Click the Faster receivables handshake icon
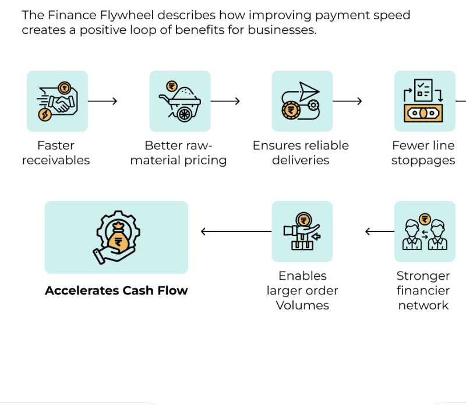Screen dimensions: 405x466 click(x=57, y=101)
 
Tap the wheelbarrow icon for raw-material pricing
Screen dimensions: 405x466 click(x=180, y=101)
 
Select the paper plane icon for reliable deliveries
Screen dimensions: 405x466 click(x=302, y=101)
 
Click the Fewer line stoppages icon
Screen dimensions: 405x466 click(x=424, y=101)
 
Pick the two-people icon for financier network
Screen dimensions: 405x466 click(x=424, y=231)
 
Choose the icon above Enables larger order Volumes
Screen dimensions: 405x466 click(x=302, y=231)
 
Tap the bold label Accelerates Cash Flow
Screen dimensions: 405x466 click(x=116, y=290)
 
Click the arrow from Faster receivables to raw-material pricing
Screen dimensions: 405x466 click(x=103, y=101)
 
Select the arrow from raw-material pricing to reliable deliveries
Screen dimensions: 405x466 click(x=225, y=101)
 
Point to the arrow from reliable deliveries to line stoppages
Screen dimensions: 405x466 click(x=347, y=101)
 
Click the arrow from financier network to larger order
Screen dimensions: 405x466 click(x=379, y=231)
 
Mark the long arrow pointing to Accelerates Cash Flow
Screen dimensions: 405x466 click(x=236, y=231)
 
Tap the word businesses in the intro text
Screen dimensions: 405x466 click(x=283, y=30)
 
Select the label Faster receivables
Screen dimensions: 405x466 click(x=56, y=153)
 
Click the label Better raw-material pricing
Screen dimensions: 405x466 click(x=179, y=153)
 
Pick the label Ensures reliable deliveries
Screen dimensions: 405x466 click(x=301, y=153)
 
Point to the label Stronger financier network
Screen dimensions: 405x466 click(x=423, y=290)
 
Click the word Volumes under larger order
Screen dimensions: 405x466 click(x=302, y=305)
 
